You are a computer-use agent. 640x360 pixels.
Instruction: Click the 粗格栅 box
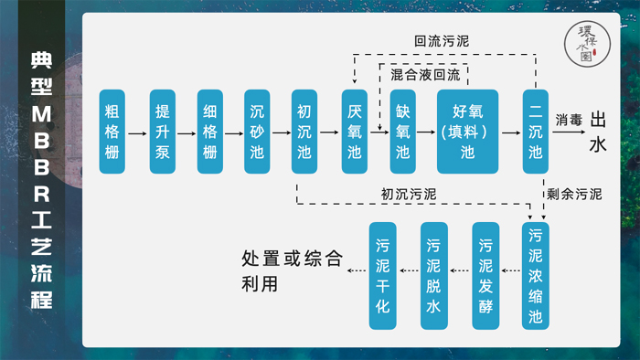tap(112, 132)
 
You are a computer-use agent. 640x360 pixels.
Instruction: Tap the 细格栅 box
tap(210, 132)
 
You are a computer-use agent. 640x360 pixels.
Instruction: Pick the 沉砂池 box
tap(257, 132)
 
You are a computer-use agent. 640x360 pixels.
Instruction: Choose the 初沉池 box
tap(304, 132)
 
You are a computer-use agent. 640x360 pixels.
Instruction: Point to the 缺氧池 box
tap(403, 132)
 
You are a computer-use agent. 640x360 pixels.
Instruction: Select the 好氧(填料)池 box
tap(467, 132)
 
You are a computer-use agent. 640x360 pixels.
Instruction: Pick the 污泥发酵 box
tap(485, 276)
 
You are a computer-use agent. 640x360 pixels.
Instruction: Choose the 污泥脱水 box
tap(433, 276)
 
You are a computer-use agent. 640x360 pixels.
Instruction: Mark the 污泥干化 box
tap(383, 276)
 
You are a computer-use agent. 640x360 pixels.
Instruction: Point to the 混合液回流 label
tap(425, 73)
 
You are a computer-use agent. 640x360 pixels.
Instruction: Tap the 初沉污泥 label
tap(409, 194)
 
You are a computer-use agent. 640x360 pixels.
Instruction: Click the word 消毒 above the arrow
tap(568, 120)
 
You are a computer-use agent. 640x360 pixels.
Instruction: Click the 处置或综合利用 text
tap(286, 271)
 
